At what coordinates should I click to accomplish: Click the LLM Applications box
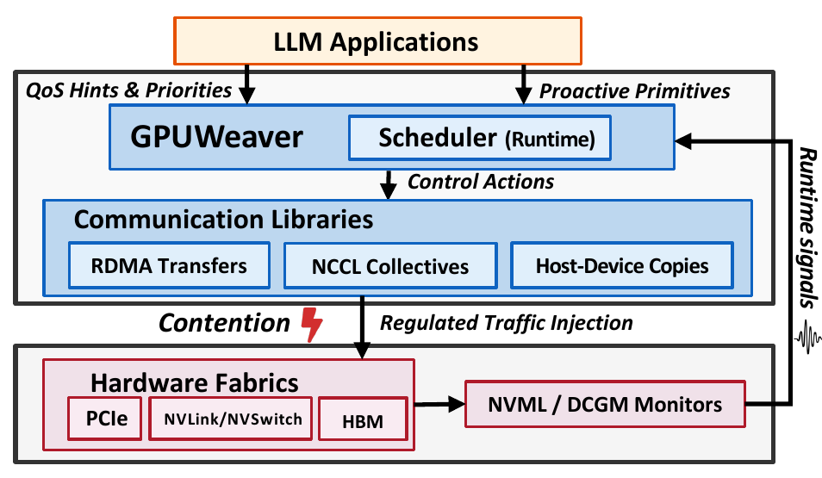point(377,40)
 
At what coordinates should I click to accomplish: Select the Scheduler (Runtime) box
point(480,138)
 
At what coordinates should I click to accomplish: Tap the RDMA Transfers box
point(169,265)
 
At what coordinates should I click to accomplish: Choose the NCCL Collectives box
point(390,266)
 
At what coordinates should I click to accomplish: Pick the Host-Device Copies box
point(622,265)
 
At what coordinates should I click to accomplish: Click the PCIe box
point(105,419)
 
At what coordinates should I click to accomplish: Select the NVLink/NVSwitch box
point(231,419)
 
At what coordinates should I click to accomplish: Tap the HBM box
point(363,419)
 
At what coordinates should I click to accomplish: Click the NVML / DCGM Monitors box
point(605,404)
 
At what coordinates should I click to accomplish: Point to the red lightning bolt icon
point(312,325)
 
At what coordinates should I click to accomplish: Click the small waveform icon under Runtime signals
point(807,338)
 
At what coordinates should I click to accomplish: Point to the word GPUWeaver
point(216,137)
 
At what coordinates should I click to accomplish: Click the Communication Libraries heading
point(223,219)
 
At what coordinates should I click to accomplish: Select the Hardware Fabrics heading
point(195,382)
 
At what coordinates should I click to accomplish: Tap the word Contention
point(224,323)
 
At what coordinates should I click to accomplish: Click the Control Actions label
point(481,182)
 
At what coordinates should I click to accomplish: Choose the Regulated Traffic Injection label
point(507,323)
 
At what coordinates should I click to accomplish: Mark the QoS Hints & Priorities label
point(129,90)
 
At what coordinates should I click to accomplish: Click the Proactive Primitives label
point(635,90)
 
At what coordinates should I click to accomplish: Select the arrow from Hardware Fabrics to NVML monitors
point(439,404)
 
